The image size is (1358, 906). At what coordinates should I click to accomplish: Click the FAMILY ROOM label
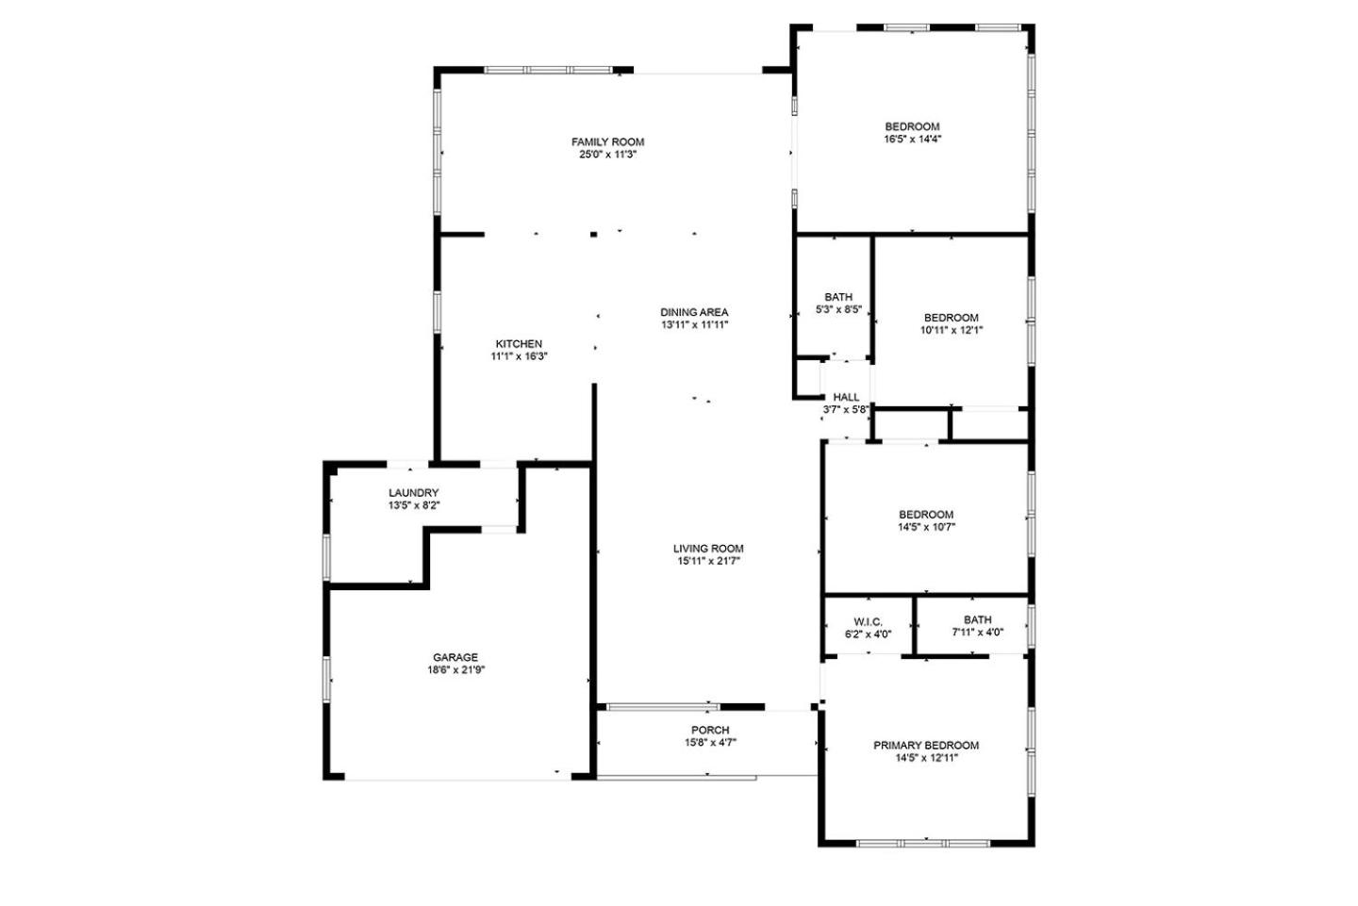click(x=607, y=141)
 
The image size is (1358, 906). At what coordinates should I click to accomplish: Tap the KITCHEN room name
click(x=519, y=343)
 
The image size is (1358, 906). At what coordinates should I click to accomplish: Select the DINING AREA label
click(x=694, y=312)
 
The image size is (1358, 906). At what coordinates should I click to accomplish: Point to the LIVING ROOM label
click(x=708, y=549)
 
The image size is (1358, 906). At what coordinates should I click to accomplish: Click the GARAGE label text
click(x=455, y=657)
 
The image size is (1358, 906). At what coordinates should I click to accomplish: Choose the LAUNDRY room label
click(x=413, y=493)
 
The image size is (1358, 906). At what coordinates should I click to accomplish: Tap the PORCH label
click(x=710, y=731)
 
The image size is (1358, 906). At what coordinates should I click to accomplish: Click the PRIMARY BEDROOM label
click(x=926, y=746)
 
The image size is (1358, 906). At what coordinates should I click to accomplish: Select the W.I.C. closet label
click(x=869, y=622)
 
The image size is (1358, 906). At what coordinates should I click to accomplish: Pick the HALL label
click(x=846, y=397)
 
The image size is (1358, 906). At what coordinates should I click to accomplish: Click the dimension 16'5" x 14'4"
click(x=913, y=139)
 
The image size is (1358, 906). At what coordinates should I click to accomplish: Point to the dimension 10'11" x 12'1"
click(x=952, y=330)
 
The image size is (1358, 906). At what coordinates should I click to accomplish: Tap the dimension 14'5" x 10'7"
click(x=926, y=527)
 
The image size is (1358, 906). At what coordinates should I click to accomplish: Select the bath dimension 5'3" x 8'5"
click(x=838, y=309)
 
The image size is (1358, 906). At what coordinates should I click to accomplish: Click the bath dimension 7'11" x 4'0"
click(x=977, y=632)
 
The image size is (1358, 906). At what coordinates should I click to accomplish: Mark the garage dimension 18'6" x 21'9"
click(x=455, y=669)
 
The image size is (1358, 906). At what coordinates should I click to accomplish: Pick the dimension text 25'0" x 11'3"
click(x=607, y=155)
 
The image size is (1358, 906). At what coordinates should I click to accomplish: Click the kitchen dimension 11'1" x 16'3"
click(x=519, y=356)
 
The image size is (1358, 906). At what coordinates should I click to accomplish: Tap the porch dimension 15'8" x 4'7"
click(x=710, y=742)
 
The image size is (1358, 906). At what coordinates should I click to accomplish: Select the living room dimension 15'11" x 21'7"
click(x=709, y=561)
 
